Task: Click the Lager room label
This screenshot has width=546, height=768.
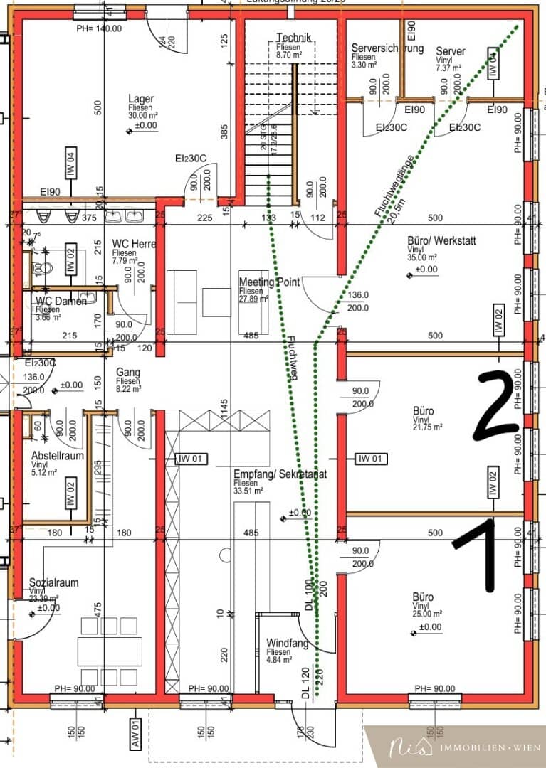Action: pyautogui.click(x=140, y=99)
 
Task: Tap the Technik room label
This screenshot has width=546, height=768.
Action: pyautogui.click(x=293, y=38)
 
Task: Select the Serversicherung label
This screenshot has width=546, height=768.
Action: pyautogui.click(x=387, y=48)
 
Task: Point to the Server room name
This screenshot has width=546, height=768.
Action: pyautogui.click(x=450, y=51)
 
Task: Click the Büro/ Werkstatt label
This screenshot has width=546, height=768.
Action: pyautogui.click(x=441, y=240)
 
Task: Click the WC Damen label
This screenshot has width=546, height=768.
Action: pyautogui.click(x=61, y=302)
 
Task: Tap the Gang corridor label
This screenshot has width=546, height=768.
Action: pyautogui.click(x=127, y=373)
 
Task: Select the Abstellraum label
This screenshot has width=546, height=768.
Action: pyautogui.click(x=57, y=455)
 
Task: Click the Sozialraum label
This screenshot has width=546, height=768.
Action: pyautogui.click(x=53, y=583)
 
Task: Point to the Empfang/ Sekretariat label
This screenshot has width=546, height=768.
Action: pyautogui.click(x=280, y=474)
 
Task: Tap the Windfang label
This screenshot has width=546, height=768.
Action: pyautogui.click(x=288, y=643)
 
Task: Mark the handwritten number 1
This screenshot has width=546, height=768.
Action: pyautogui.click(x=486, y=554)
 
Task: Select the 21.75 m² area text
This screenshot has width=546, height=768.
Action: pyautogui.click(x=427, y=427)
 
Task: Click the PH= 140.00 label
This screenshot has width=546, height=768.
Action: pyautogui.click(x=99, y=28)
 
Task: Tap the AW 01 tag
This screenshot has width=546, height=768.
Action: pyautogui.click(x=133, y=730)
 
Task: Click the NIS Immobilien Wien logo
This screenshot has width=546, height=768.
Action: pyautogui.click(x=456, y=747)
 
